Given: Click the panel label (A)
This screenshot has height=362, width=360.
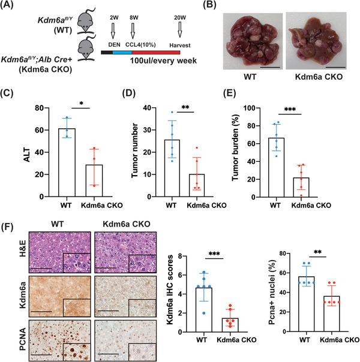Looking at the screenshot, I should coord(10,8).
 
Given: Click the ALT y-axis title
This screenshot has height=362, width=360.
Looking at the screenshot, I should coord(11,152).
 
